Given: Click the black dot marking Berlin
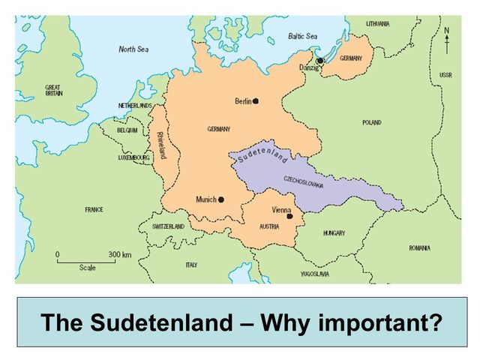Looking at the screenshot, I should (x=256, y=100).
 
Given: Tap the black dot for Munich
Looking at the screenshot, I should (x=221, y=199).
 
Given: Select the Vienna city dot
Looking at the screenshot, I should (x=289, y=216).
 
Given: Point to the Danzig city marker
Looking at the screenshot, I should (x=320, y=61).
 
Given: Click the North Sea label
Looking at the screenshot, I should (x=134, y=49).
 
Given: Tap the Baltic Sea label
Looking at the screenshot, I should (x=303, y=35).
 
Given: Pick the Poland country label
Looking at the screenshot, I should (x=371, y=122).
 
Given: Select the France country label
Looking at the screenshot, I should (x=94, y=209).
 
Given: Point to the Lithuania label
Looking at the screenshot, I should (x=377, y=23).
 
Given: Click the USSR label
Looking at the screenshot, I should (x=445, y=76).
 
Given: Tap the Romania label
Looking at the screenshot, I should (x=419, y=247).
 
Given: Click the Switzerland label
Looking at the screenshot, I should (x=168, y=226).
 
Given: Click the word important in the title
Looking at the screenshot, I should (x=379, y=323).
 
